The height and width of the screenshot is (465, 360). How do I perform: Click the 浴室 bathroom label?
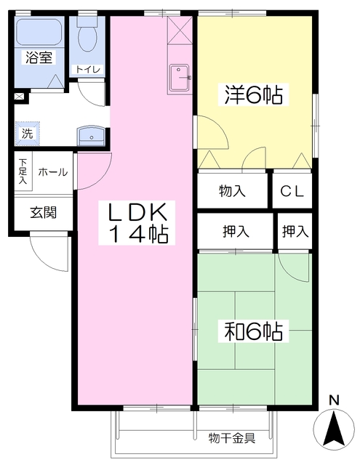click(x=39, y=57)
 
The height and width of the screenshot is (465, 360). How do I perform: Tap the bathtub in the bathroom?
click(x=39, y=32)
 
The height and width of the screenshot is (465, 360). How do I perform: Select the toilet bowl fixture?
click(x=87, y=35)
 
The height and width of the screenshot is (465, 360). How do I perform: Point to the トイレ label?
click(x=88, y=70)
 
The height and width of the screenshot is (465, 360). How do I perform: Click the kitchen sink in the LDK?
click(x=180, y=78)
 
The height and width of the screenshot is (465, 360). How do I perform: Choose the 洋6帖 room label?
click(x=253, y=94)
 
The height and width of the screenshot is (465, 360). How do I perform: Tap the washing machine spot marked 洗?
click(x=28, y=134)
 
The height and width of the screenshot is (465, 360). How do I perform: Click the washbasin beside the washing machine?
click(x=91, y=136)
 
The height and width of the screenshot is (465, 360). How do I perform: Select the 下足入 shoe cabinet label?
click(x=23, y=171)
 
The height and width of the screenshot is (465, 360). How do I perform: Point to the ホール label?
click(x=53, y=172)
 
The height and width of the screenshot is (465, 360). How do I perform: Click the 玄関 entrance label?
click(x=44, y=212)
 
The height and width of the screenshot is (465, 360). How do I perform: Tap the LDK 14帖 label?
click(x=137, y=223)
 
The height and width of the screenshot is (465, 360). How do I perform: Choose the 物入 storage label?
click(x=232, y=191)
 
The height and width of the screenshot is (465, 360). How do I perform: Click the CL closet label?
click(x=292, y=191)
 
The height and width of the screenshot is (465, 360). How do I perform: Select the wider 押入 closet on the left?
click(x=236, y=231)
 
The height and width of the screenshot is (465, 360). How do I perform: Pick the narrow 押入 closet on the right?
click(x=295, y=231)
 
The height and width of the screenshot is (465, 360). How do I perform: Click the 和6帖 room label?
click(x=253, y=331)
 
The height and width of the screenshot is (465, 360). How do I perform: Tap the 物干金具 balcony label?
click(x=232, y=437)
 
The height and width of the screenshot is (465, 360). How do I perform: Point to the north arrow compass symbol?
click(x=334, y=425)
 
